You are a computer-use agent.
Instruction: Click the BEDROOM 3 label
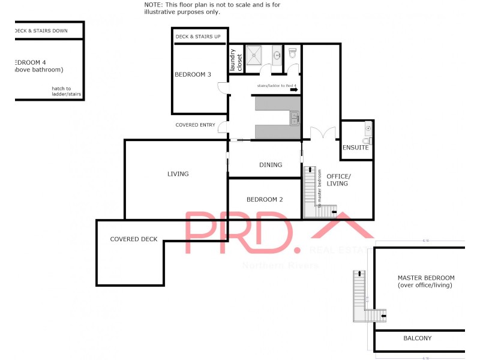click(x=193, y=75)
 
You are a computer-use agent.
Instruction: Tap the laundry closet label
click(x=235, y=60)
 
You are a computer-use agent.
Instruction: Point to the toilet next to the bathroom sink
click(x=293, y=53)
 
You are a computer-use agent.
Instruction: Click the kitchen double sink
click(x=295, y=118)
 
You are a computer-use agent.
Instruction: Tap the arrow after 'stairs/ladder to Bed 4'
click(x=293, y=90)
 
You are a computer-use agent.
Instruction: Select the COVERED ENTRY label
click(x=195, y=125)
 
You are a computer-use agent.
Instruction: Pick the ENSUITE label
click(x=356, y=148)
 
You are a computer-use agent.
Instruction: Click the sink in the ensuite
click(x=367, y=128)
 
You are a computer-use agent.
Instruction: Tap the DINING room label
click(x=270, y=165)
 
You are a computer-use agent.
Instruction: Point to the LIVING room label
click(x=178, y=174)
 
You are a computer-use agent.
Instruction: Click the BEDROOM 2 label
click(x=265, y=200)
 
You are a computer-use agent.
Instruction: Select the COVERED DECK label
click(x=134, y=239)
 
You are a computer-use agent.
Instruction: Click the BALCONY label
click(x=417, y=338)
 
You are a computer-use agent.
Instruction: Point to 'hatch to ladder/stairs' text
click(x=66, y=92)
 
